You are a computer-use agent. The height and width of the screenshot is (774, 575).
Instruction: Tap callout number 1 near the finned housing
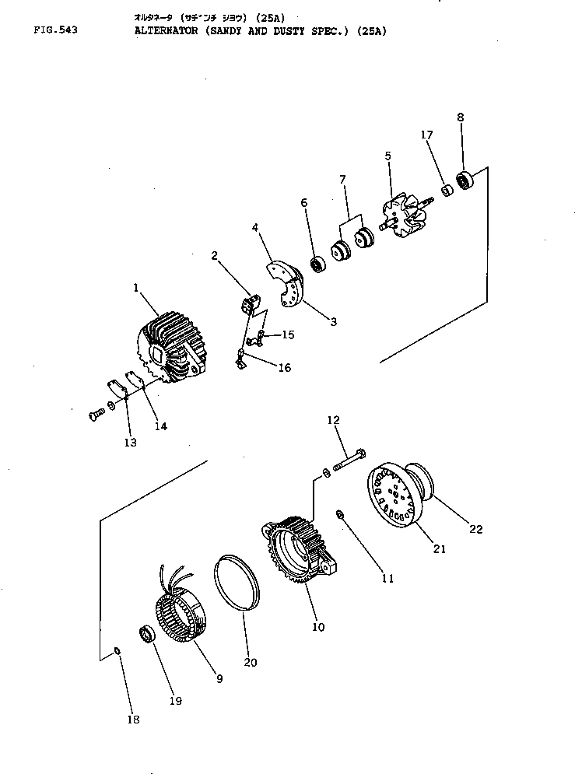(x=135, y=287)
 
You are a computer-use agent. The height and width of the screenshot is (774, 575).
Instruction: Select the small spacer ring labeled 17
(x=447, y=191)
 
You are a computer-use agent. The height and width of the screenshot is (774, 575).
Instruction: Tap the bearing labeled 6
(x=317, y=264)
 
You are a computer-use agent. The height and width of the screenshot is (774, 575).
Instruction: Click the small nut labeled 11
(x=340, y=514)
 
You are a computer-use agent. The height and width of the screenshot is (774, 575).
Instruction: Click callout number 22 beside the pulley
(x=476, y=529)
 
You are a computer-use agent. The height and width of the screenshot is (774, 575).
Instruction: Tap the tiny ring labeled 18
(x=117, y=650)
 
